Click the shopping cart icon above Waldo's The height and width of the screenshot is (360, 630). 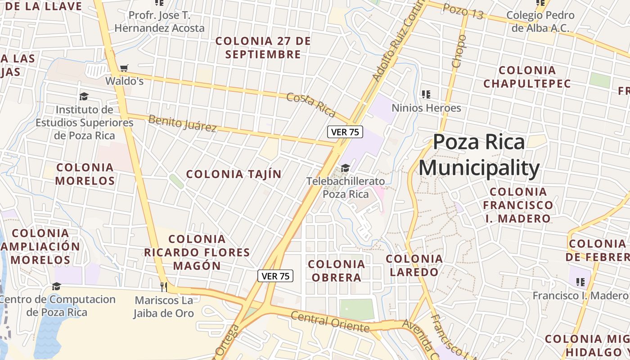click(x=124, y=68)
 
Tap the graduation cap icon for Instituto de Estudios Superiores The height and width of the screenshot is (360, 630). click(x=84, y=96)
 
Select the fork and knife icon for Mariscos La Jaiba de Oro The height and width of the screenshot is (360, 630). click(x=164, y=286)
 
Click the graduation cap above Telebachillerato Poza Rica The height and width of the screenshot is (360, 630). click(x=345, y=168)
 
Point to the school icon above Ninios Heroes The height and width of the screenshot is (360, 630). click(x=426, y=94)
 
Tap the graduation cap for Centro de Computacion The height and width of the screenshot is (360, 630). click(x=56, y=286)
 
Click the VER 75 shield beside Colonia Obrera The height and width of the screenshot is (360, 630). click(x=275, y=276)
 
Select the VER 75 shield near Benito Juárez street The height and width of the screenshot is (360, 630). click(x=345, y=132)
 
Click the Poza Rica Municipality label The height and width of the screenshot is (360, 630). click(x=479, y=155)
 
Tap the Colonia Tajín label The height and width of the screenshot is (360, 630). click(x=234, y=174)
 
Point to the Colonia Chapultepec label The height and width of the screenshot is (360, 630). click(x=527, y=77)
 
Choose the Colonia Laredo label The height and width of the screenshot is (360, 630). click(x=414, y=265)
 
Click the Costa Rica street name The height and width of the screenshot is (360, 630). click(x=311, y=103)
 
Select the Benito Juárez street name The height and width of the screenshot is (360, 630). click(x=182, y=123)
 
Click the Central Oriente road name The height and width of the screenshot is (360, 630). click(x=330, y=321)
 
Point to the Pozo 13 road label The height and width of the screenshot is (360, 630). click(x=463, y=11)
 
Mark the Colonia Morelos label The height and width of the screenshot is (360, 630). click(x=85, y=174)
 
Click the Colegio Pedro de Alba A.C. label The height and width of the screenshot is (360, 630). click(x=540, y=21)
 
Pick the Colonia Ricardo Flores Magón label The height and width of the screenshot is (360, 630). click(x=197, y=252)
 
